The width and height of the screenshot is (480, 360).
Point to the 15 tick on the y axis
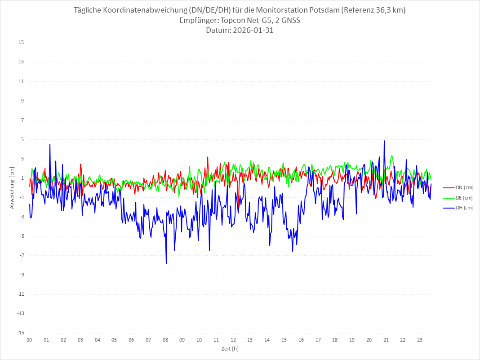click(21, 43)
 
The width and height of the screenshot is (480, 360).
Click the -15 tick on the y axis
click(20, 333)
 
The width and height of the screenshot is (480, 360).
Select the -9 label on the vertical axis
click(21, 275)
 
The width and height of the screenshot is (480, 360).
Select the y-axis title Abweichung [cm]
click(12, 187)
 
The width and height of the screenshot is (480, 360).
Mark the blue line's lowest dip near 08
click(166, 263)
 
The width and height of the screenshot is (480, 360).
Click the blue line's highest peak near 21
click(384, 141)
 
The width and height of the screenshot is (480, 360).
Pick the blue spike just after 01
click(50, 145)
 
